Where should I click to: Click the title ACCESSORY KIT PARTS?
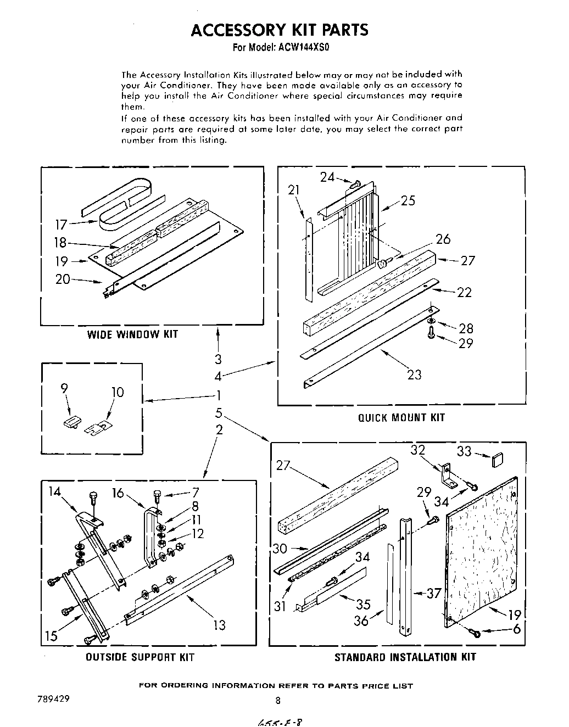tap(280, 30)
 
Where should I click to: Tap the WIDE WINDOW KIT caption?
tap(132, 334)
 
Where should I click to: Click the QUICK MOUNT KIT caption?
tap(401, 417)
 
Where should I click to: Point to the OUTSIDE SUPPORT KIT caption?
tap(140, 657)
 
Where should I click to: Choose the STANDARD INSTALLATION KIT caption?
tap(405, 657)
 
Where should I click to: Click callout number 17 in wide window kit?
tap(61, 225)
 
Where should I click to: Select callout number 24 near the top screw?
tap(327, 177)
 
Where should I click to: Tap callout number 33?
tap(464, 451)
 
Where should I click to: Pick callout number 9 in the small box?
tap(65, 389)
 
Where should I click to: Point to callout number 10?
tap(118, 393)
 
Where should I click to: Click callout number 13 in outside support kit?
tap(219, 625)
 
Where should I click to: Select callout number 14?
tap(54, 491)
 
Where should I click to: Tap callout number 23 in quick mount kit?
tap(414, 374)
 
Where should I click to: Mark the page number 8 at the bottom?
tap(278, 700)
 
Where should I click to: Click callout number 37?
tap(434, 593)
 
